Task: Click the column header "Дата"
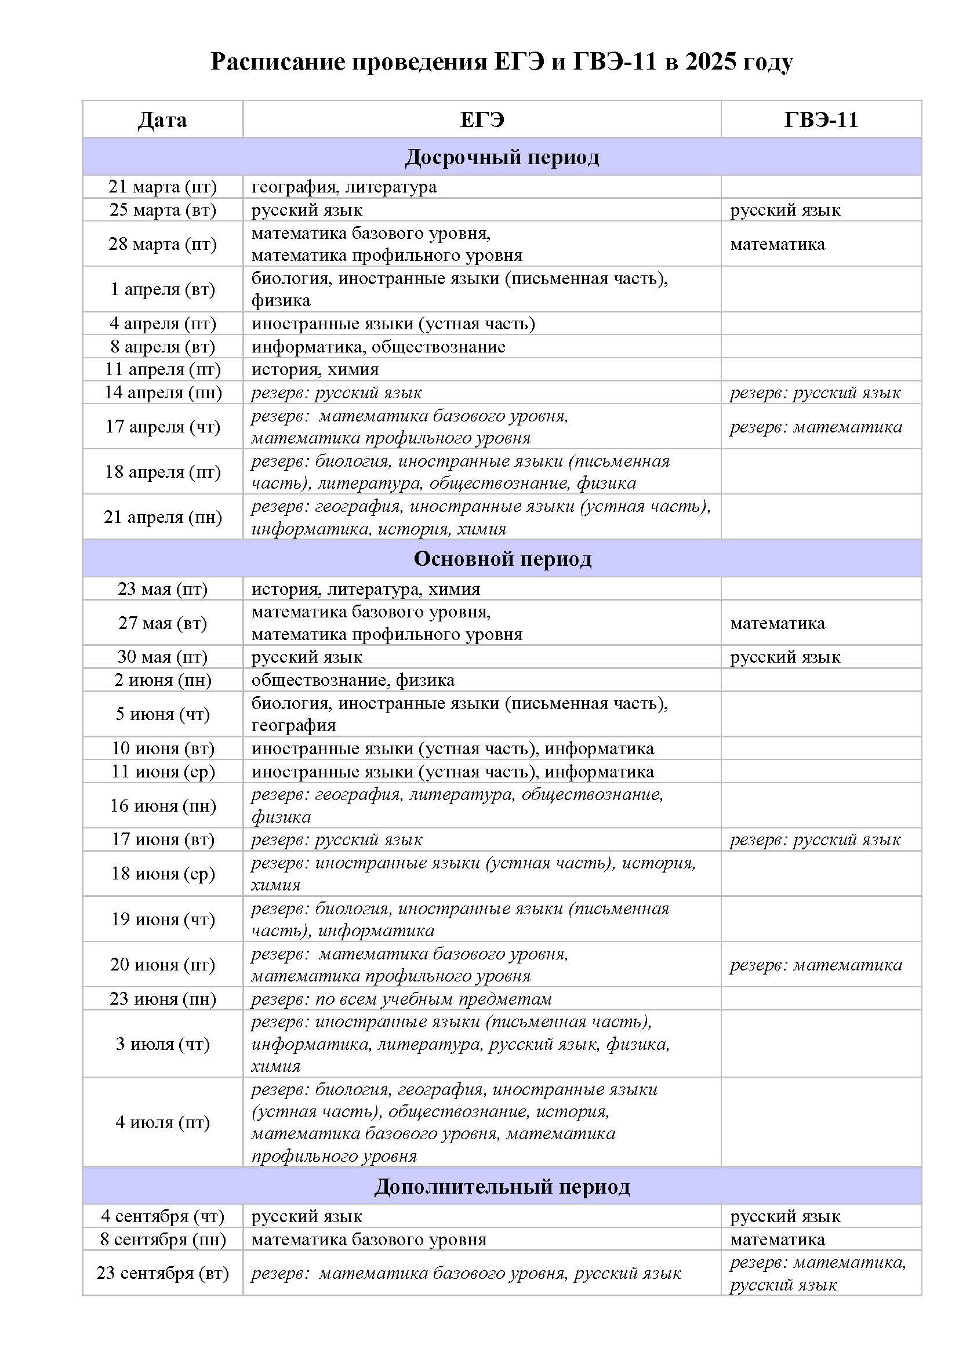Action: point(162,120)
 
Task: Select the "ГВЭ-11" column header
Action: point(820,120)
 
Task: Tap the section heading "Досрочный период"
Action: point(502,157)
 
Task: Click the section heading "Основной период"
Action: point(502,559)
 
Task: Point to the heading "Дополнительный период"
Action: point(502,1187)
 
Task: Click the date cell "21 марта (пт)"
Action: point(162,187)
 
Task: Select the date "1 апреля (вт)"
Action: point(162,289)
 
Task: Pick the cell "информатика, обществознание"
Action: point(379,347)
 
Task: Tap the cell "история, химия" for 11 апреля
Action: point(315,370)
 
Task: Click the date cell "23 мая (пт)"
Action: point(162,589)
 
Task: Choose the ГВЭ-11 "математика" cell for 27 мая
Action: point(777,623)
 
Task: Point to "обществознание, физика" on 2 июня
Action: point(353,681)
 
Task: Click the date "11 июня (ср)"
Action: point(162,772)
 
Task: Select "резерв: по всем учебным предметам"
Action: point(402,999)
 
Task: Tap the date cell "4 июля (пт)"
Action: point(162,1122)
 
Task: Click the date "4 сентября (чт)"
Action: point(162,1216)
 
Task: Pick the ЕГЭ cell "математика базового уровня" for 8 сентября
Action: point(369,1239)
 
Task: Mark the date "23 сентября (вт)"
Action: point(162,1273)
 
